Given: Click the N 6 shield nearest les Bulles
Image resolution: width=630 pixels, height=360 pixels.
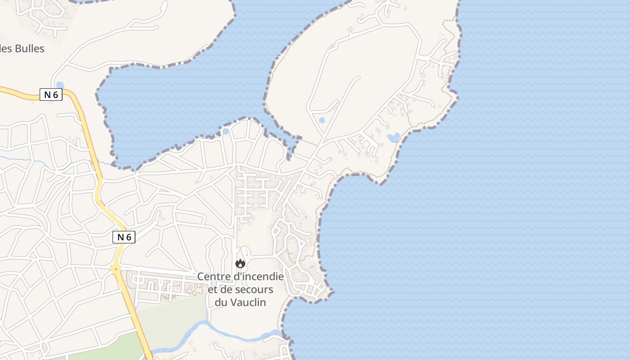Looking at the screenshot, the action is click(x=51, y=95).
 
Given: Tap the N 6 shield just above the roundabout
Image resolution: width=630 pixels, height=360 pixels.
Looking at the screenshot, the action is click(x=124, y=237).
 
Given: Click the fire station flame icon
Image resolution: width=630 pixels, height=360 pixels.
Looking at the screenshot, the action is click(x=240, y=264).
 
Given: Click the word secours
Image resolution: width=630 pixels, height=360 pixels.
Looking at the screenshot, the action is click(x=256, y=289).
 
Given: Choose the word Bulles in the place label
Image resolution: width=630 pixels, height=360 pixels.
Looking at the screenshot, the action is click(x=30, y=49).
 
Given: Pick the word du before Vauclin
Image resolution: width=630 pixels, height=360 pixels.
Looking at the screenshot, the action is click(x=221, y=302).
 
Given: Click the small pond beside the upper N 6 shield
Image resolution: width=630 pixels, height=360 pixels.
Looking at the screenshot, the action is click(x=60, y=85).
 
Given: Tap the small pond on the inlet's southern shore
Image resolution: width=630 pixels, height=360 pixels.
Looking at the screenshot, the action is click(x=225, y=131).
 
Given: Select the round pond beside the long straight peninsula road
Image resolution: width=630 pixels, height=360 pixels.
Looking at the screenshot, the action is click(x=322, y=121).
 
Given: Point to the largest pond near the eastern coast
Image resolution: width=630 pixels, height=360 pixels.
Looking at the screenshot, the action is click(x=393, y=137).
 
